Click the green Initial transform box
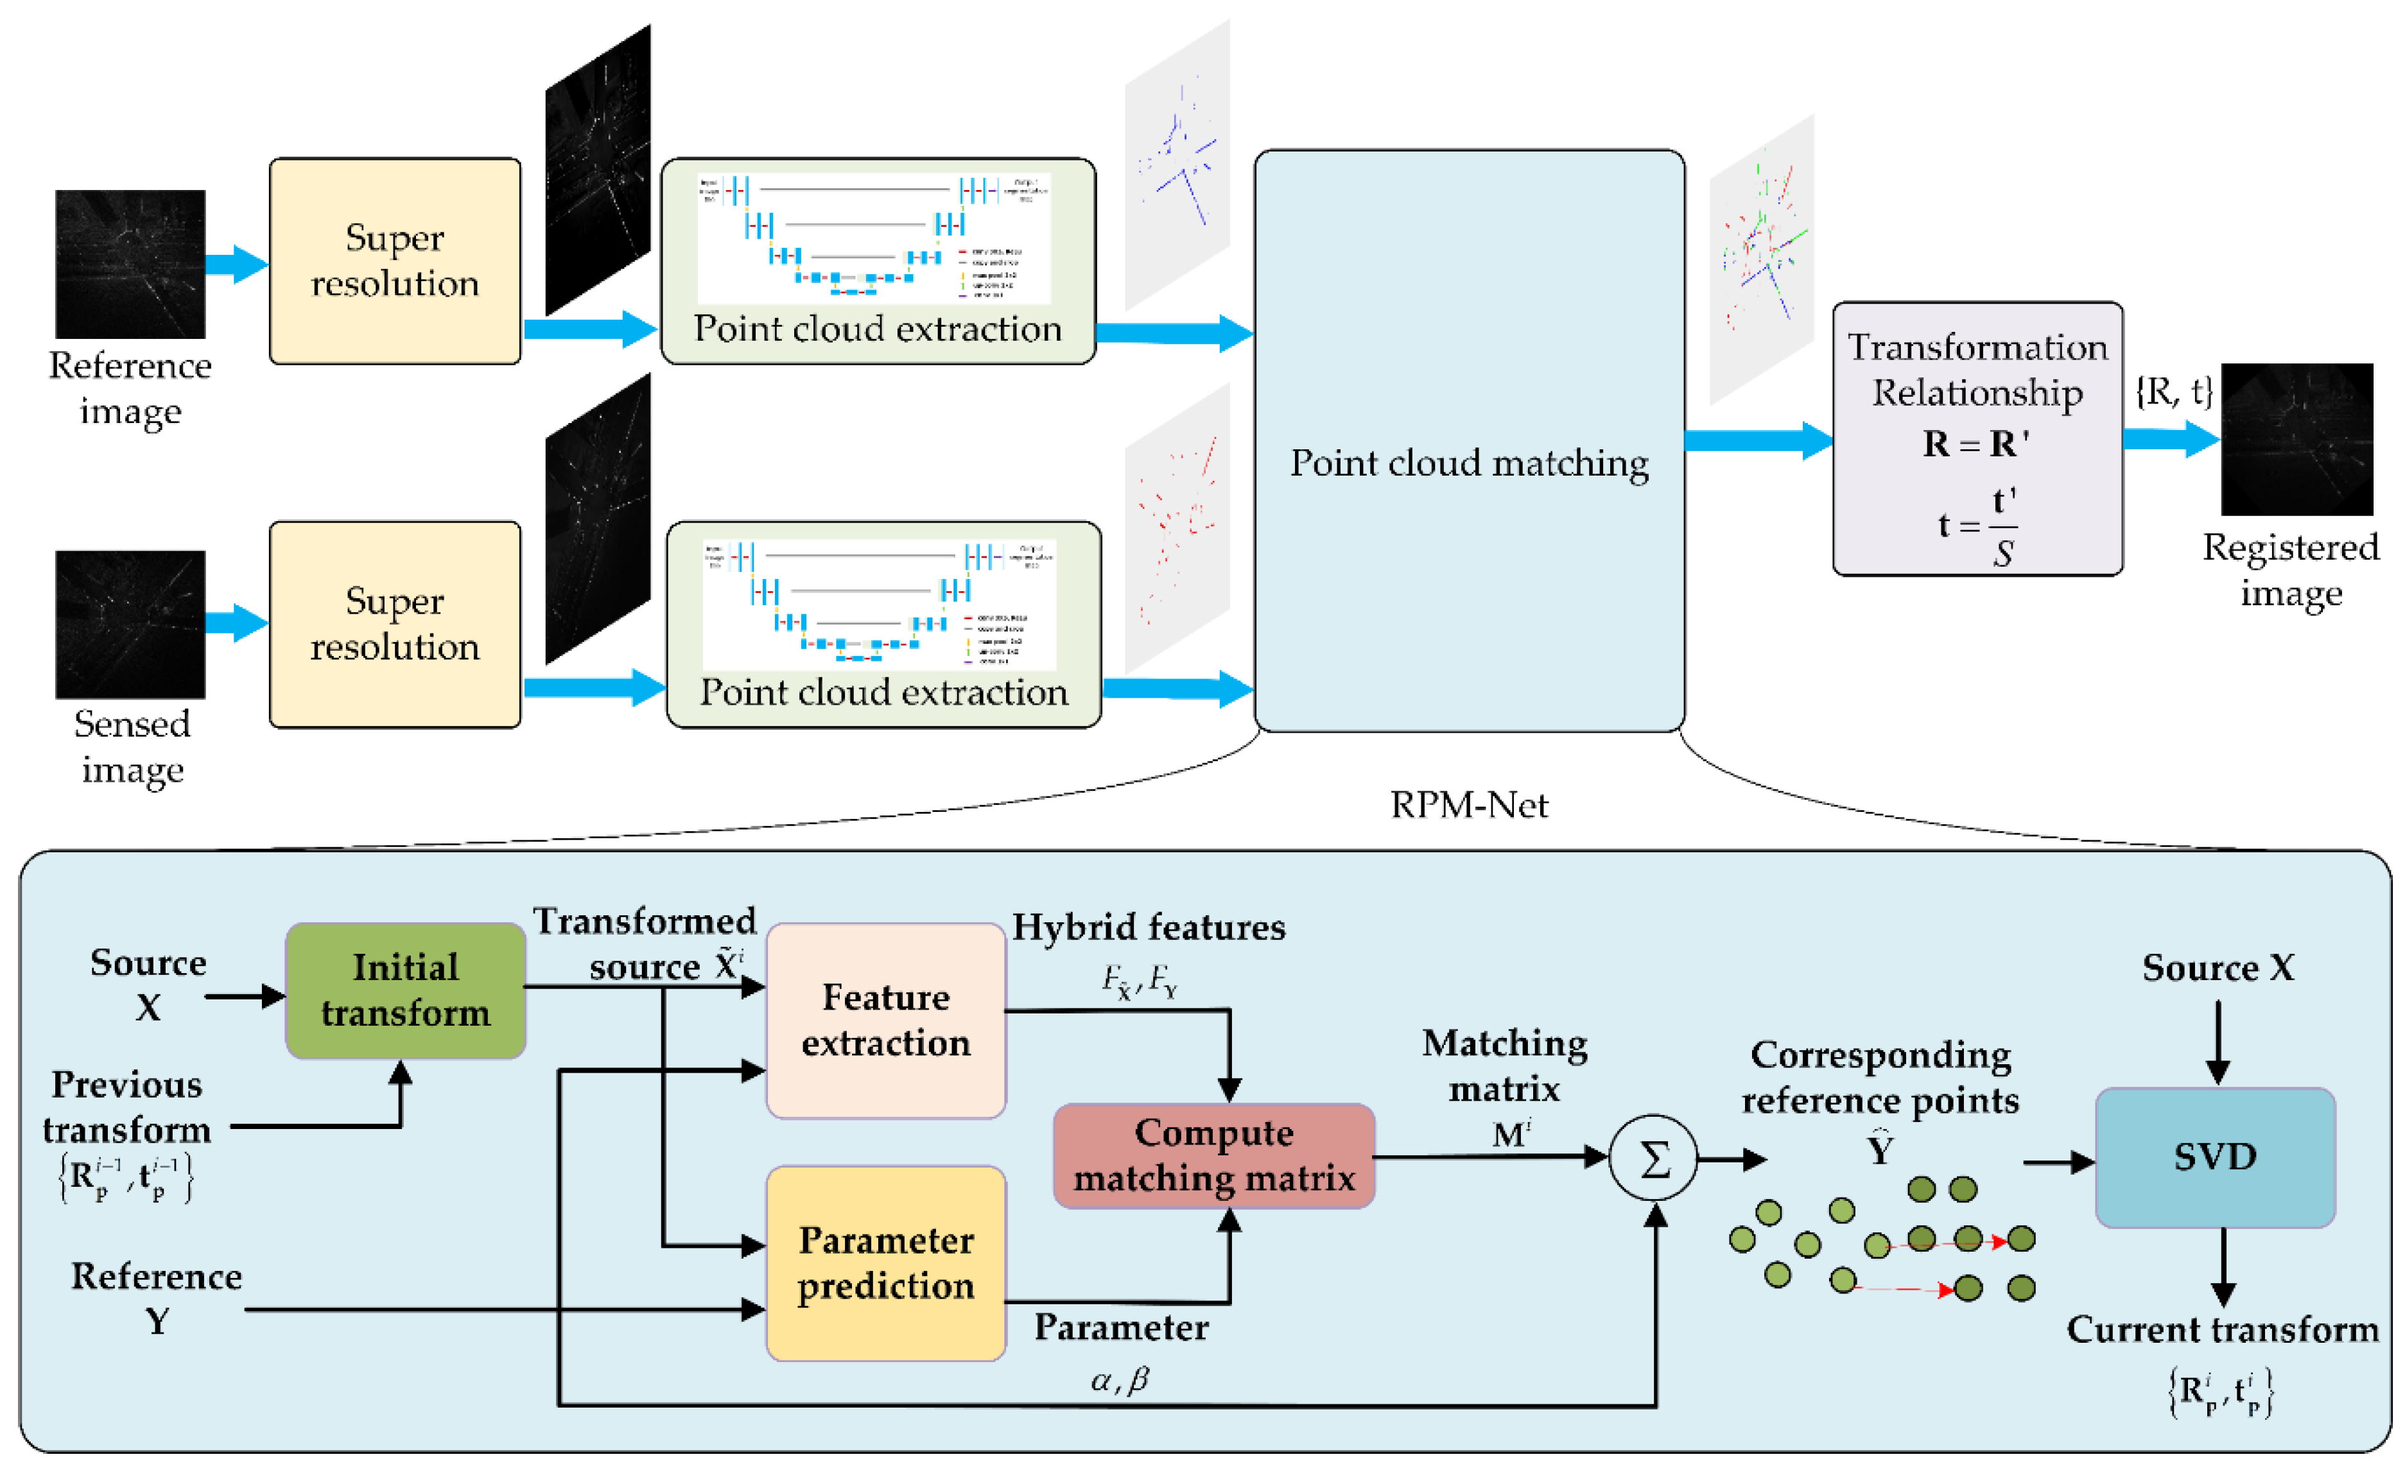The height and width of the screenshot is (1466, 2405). click(x=405, y=990)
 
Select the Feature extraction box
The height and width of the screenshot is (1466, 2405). click(x=885, y=1020)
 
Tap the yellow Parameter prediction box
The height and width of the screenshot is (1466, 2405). click(x=885, y=1262)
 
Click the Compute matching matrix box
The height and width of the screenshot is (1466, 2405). click(x=1213, y=1155)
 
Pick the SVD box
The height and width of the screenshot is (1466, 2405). click(x=2215, y=1157)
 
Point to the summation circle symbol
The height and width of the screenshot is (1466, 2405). click(x=1653, y=1159)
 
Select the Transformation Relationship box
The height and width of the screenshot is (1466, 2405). click(x=1977, y=438)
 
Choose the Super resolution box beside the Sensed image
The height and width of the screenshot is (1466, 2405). click(x=394, y=624)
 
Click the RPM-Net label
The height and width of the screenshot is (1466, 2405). click(x=1469, y=806)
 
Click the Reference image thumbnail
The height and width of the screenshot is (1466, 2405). click(x=130, y=264)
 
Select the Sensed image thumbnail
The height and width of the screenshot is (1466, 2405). click(x=130, y=624)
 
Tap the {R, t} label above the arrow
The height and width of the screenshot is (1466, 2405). click(x=2173, y=390)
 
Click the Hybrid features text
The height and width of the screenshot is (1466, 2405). click(x=1148, y=927)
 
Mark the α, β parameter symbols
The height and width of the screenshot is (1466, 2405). click(x=1120, y=1379)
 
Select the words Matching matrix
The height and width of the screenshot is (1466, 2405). click(x=1504, y=1066)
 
